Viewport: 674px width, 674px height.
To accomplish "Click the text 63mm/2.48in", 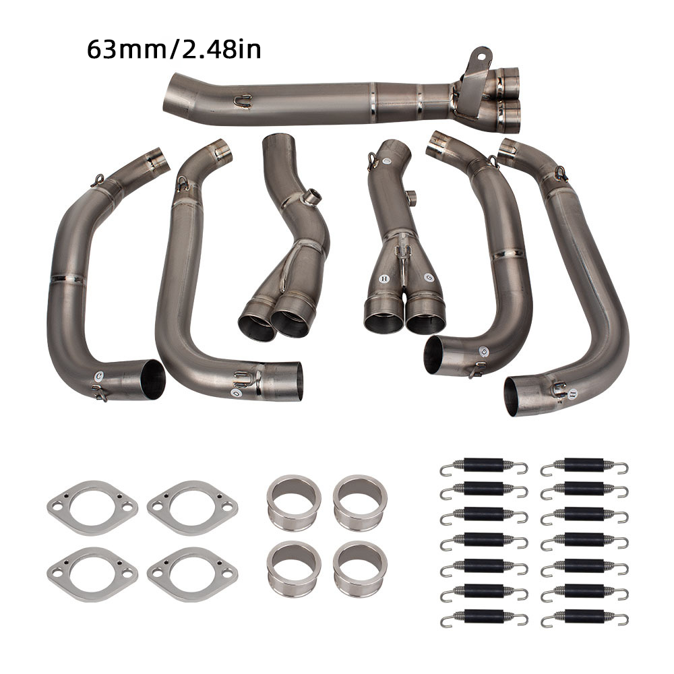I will tap(173, 51).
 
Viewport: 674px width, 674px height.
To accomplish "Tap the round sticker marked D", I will tap(235, 392).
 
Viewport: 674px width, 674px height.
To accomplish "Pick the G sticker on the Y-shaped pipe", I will tap(428, 277).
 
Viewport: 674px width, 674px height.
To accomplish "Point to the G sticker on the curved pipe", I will tap(483, 352).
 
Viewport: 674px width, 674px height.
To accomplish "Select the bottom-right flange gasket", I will tap(193, 574).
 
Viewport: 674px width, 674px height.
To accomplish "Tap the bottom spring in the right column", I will tap(584, 617).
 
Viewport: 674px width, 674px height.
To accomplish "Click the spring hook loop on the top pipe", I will tap(243, 102).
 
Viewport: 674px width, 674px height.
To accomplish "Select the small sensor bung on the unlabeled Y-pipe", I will tap(311, 197).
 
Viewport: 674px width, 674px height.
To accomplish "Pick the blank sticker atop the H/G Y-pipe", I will tap(387, 162).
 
